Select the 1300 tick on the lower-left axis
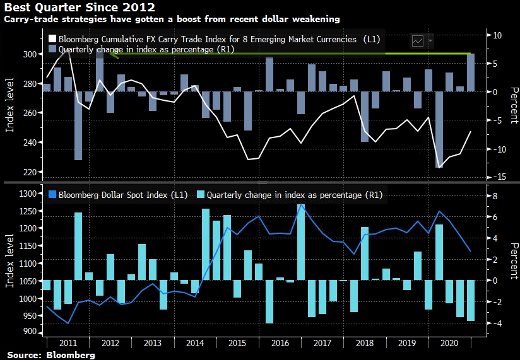point(28,194)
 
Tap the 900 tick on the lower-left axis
point(30,333)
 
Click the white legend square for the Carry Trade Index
point(52,38)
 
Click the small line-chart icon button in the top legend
point(418,40)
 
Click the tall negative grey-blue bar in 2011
point(78,125)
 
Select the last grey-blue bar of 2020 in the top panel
point(471,73)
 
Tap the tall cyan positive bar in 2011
point(78,246)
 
